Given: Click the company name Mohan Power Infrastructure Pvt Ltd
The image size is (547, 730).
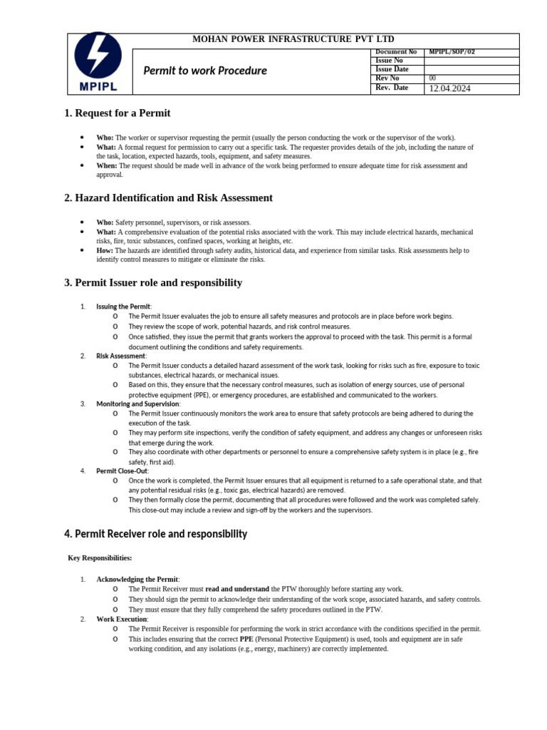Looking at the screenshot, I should [x=293, y=39].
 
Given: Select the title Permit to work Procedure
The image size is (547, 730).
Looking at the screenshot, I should [x=205, y=71].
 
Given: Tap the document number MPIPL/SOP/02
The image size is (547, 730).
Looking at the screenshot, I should [x=452, y=52].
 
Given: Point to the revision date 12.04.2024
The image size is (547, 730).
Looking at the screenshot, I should [x=449, y=88].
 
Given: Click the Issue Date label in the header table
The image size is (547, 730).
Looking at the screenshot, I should [x=392, y=69].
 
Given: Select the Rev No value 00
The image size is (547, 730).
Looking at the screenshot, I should [x=432, y=78].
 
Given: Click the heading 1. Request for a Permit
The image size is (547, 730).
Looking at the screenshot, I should [x=118, y=113].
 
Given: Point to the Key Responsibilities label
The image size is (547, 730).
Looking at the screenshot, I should [x=100, y=557].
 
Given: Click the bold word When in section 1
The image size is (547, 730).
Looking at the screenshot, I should [x=106, y=165].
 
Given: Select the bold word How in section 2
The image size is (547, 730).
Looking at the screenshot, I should [x=105, y=250].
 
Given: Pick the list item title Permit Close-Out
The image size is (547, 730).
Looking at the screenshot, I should [x=122, y=471].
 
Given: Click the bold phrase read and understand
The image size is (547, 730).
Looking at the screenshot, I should [x=237, y=589].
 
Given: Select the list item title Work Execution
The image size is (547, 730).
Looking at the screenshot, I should [x=122, y=619].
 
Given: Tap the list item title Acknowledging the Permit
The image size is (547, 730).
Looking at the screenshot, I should [x=137, y=579].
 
